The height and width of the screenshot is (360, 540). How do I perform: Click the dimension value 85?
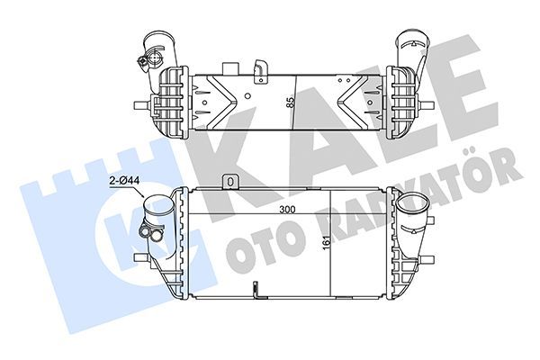pyautogui.click(x=291, y=102)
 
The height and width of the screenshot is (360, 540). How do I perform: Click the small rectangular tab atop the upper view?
pyautogui.click(x=230, y=67)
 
